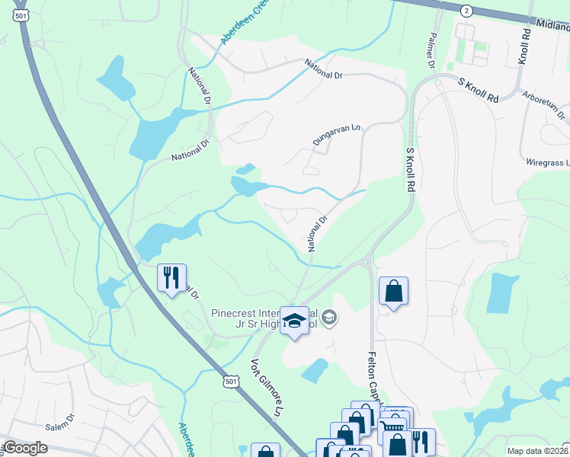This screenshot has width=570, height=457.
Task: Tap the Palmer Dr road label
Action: (431, 50)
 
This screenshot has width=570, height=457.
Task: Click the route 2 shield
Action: (466, 10)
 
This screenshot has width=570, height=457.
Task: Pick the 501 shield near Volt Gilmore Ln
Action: (231, 379)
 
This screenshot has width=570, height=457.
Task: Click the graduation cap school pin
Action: (295, 321)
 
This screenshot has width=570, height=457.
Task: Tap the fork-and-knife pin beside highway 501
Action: (171, 276)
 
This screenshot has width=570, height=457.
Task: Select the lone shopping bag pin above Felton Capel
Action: (393, 291)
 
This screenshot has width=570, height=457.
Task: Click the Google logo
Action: (25, 448)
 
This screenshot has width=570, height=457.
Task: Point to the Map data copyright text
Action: (538, 450)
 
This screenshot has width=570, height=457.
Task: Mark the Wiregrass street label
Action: (547, 162)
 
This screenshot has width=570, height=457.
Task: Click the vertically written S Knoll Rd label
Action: (410, 169)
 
